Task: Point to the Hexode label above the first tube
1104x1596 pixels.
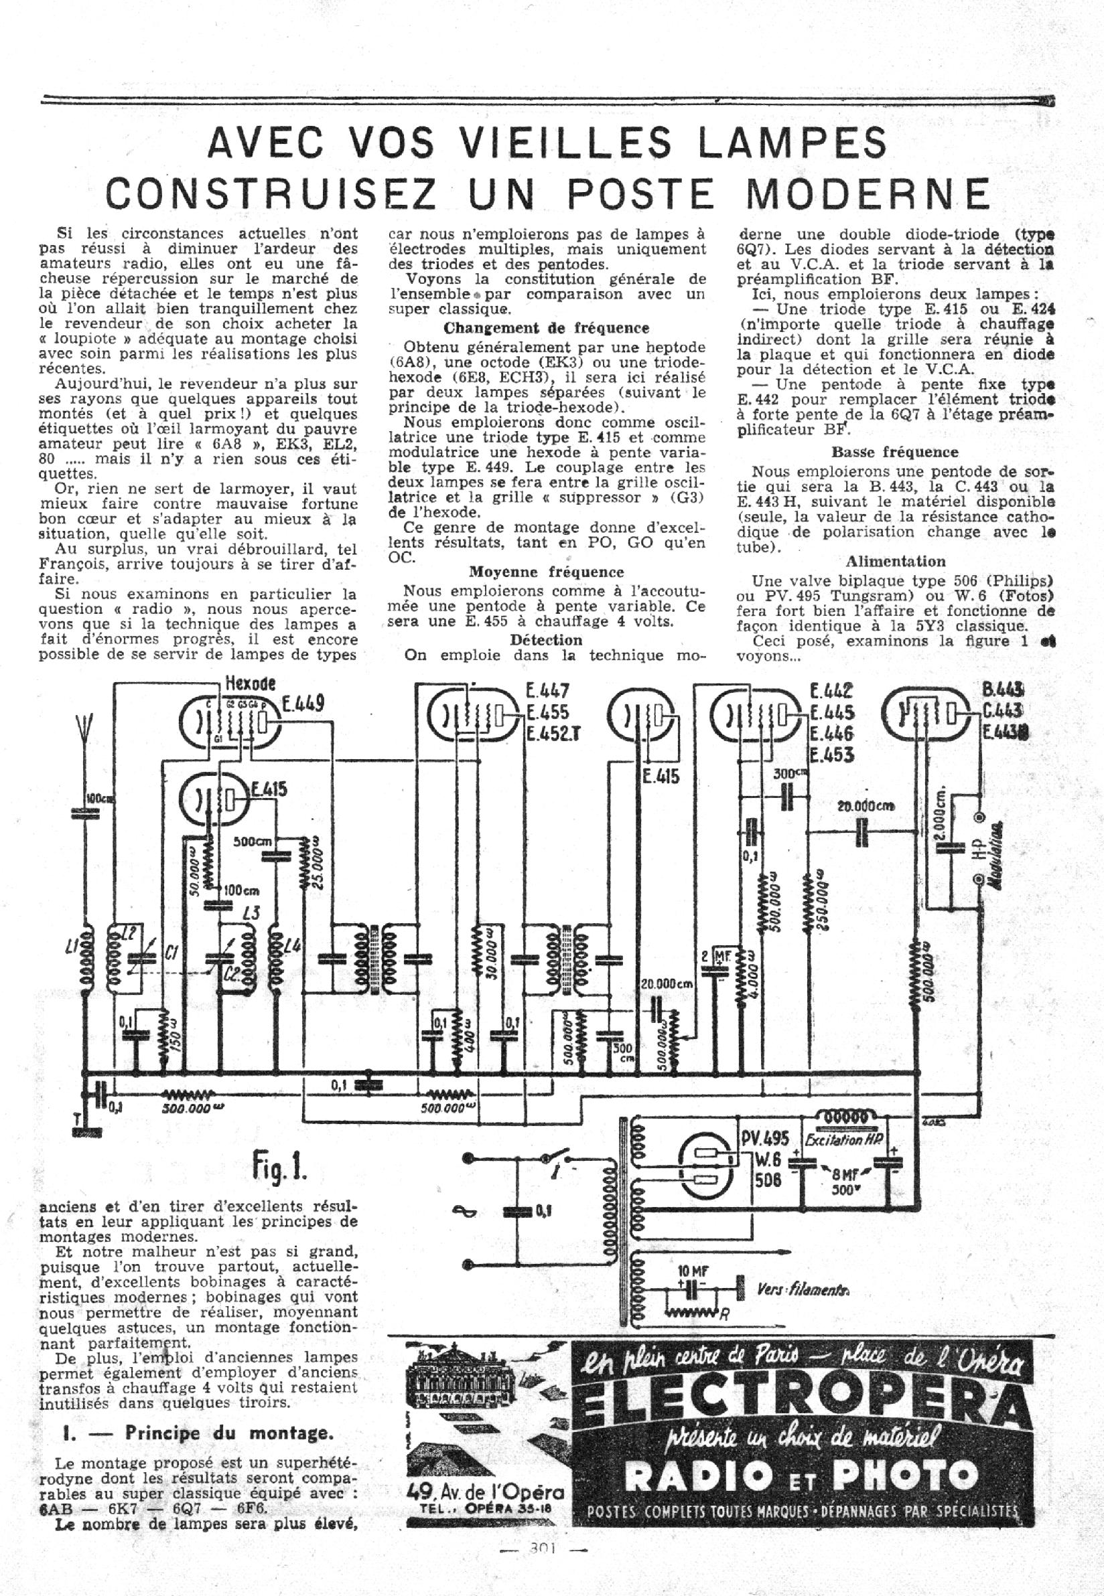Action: [250, 684]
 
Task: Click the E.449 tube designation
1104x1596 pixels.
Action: [302, 704]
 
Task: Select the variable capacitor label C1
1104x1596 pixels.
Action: [171, 953]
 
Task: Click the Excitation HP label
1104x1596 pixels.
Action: [844, 1139]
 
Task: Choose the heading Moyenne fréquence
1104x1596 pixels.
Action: [547, 572]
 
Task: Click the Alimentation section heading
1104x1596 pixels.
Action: [895, 561]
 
